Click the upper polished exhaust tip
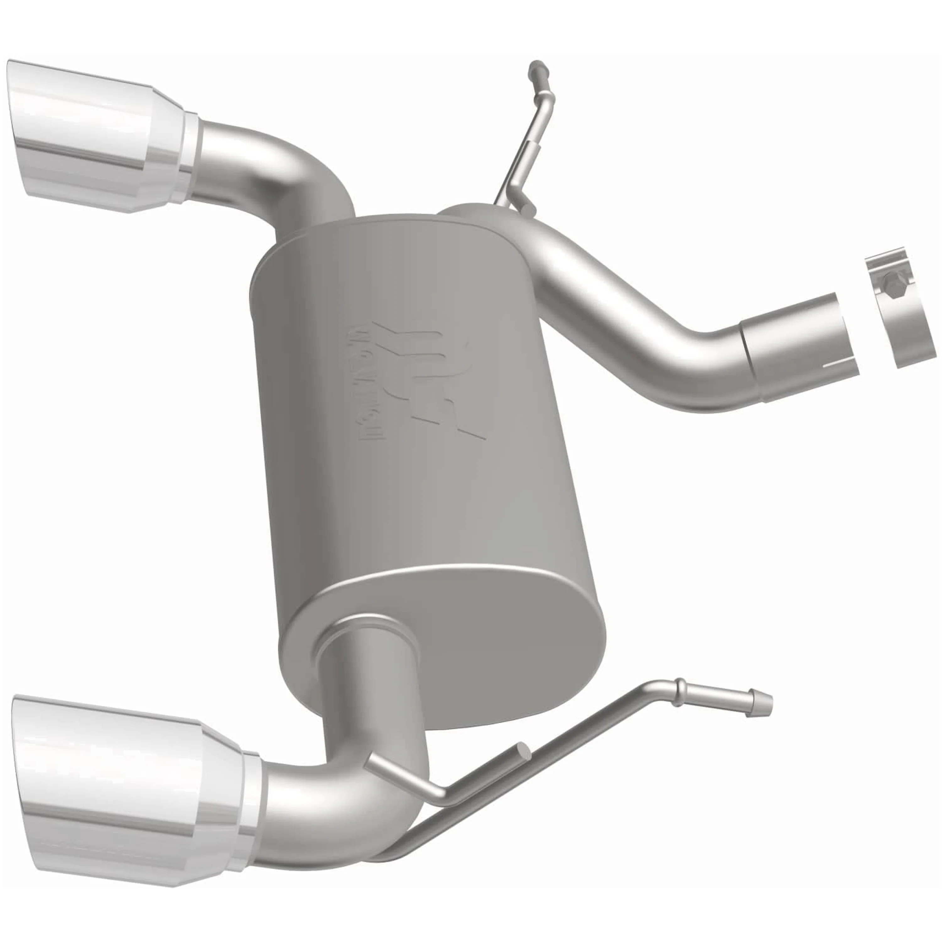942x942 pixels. click(x=98, y=141)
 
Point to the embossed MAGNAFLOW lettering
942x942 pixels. click(x=368, y=380)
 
